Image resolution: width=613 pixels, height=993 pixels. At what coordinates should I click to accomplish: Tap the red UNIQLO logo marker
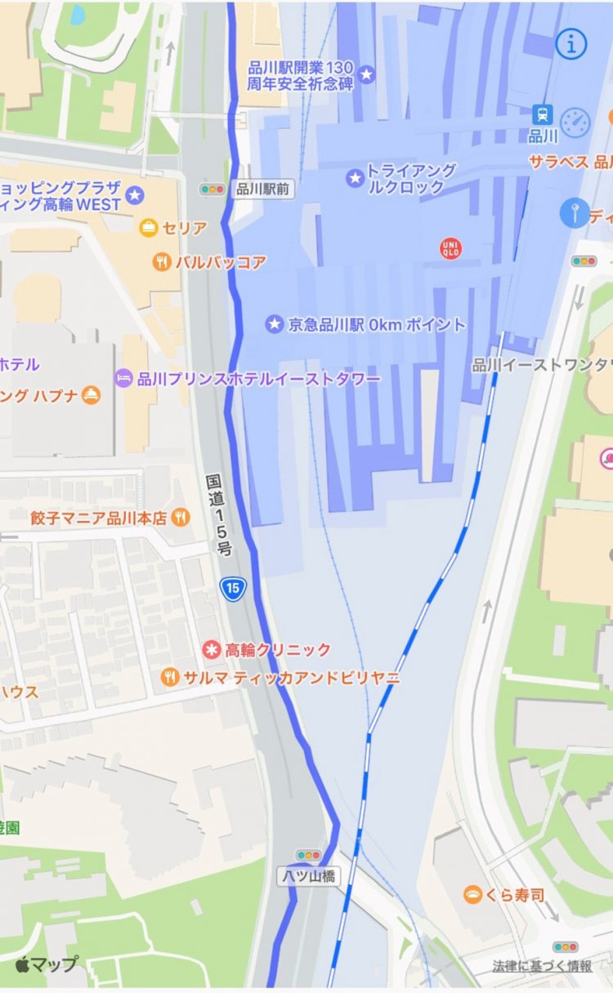(x=450, y=247)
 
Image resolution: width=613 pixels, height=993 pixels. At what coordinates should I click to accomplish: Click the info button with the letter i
(x=571, y=44)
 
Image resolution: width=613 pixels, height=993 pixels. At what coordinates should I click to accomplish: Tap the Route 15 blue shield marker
(x=233, y=588)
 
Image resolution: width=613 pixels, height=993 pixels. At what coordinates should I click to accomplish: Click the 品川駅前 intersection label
(x=264, y=189)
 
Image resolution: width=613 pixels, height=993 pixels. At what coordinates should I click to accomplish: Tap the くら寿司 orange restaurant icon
(x=472, y=895)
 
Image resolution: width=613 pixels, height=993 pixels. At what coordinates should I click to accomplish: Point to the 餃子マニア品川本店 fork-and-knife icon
(x=181, y=517)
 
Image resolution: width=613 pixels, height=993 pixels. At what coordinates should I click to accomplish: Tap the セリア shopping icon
(x=148, y=228)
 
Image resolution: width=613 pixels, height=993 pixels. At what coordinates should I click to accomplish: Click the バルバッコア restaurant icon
(x=162, y=262)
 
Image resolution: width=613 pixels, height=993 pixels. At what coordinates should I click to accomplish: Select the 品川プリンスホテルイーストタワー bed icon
(x=123, y=378)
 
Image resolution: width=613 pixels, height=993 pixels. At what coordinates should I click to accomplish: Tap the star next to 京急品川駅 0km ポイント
(x=274, y=324)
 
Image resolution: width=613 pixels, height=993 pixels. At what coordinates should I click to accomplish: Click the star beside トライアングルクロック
(x=355, y=177)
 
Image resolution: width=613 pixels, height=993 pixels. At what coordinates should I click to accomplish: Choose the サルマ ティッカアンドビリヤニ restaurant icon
(x=170, y=677)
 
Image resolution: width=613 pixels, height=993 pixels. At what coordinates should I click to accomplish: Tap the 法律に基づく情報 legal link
(x=542, y=966)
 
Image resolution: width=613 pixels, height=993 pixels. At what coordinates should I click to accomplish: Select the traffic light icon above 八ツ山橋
(x=309, y=855)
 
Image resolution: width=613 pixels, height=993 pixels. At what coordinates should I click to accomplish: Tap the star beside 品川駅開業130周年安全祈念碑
(x=367, y=75)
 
